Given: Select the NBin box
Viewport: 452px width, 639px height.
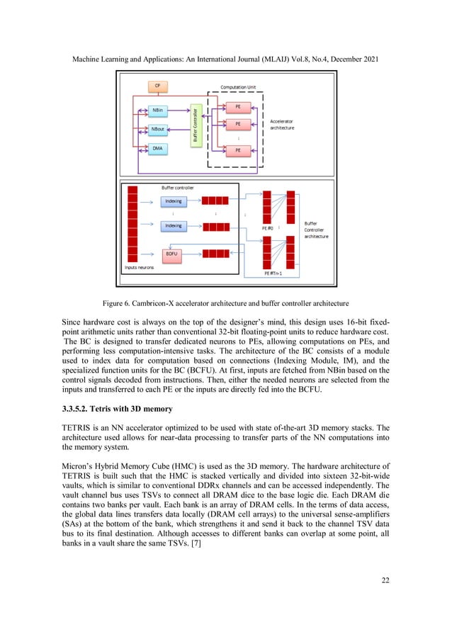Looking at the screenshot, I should [x=159, y=111].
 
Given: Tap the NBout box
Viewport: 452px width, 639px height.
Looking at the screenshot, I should [x=159, y=130].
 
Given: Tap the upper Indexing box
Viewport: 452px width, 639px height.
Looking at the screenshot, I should [x=173, y=202].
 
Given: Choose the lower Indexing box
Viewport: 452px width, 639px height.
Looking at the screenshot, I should [x=173, y=226].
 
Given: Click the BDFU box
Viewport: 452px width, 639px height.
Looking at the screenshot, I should [x=172, y=253].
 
